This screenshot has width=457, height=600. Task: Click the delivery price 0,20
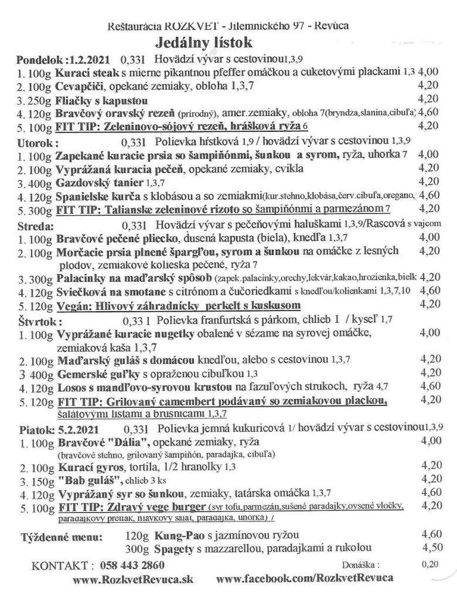(x=429, y=565)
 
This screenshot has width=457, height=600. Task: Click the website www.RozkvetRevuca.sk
(x=133, y=579)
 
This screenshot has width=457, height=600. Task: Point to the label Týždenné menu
(x=62, y=536)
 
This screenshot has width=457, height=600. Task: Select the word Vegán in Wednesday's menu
(x=72, y=306)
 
